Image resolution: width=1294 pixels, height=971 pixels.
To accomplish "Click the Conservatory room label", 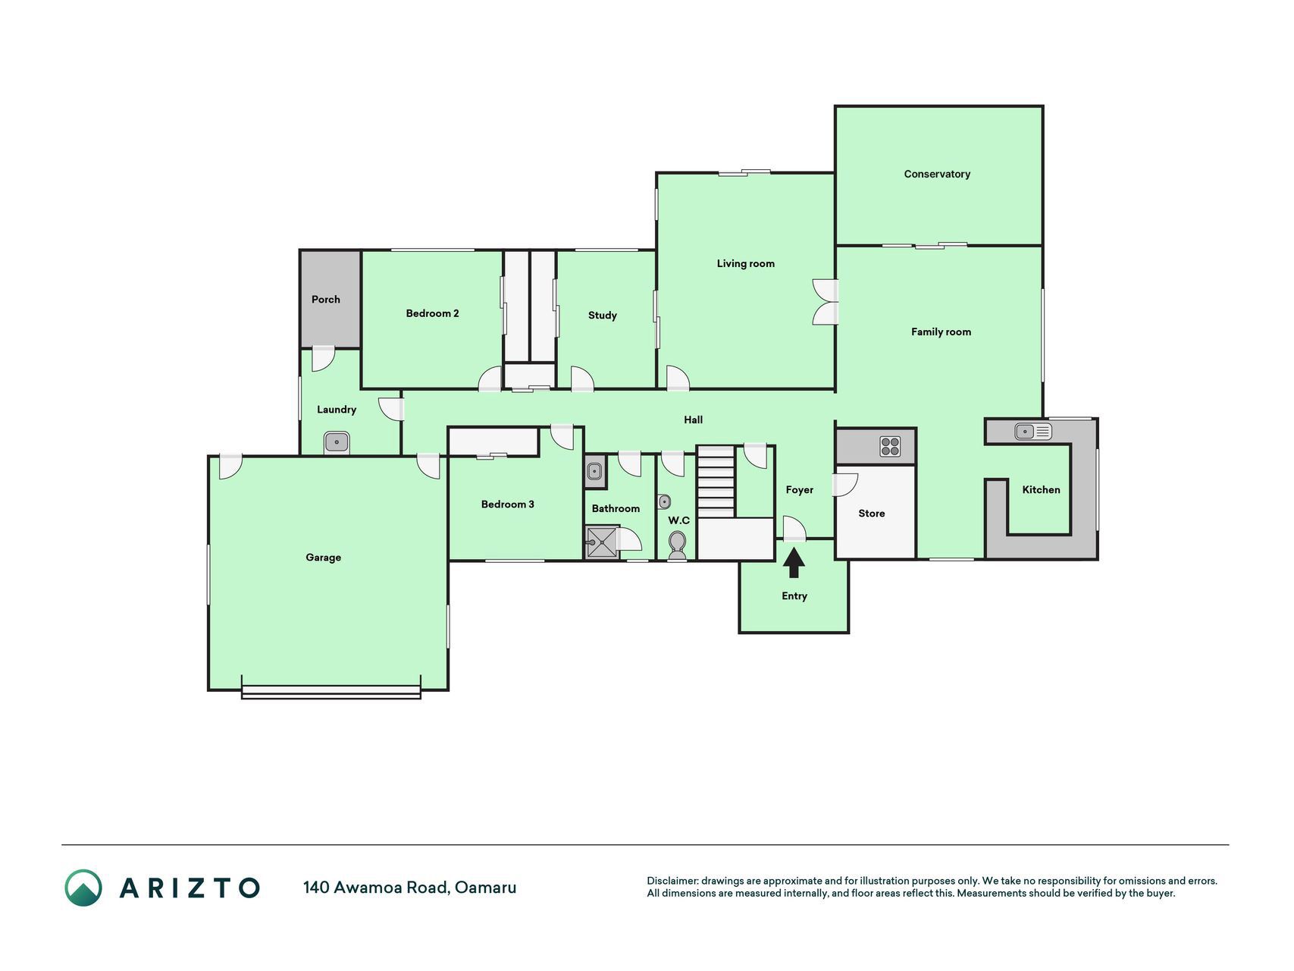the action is click(x=937, y=174).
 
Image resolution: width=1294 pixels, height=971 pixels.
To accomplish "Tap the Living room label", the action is click(x=746, y=264).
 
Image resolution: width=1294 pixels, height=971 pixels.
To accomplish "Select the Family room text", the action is click(x=941, y=332).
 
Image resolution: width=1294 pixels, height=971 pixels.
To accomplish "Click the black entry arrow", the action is click(x=794, y=563).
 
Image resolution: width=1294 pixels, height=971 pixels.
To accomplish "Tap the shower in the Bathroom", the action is click(x=603, y=542).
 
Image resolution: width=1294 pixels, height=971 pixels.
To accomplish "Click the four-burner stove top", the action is click(x=890, y=447).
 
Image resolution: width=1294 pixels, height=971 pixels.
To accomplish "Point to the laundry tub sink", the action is click(x=337, y=442).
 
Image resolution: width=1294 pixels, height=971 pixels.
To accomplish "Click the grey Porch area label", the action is click(x=326, y=300).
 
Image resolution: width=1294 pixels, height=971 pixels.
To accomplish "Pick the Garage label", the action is click(x=324, y=558).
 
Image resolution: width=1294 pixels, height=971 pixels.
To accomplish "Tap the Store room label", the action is click(x=872, y=514).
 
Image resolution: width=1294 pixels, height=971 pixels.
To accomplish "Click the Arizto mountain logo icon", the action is click(x=83, y=888).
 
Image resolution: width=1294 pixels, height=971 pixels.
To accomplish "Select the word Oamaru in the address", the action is click(x=486, y=888).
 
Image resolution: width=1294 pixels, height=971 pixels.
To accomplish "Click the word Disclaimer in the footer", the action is click(x=672, y=881).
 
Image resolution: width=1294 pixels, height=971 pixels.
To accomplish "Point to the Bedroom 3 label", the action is click(x=508, y=504).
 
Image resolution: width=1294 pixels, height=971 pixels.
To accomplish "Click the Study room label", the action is click(x=603, y=316).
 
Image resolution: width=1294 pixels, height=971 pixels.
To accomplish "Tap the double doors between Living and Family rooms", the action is click(x=826, y=303).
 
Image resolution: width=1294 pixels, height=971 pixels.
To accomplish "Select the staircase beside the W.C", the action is click(x=716, y=482).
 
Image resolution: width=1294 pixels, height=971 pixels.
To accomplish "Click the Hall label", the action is click(x=694, y=420).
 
